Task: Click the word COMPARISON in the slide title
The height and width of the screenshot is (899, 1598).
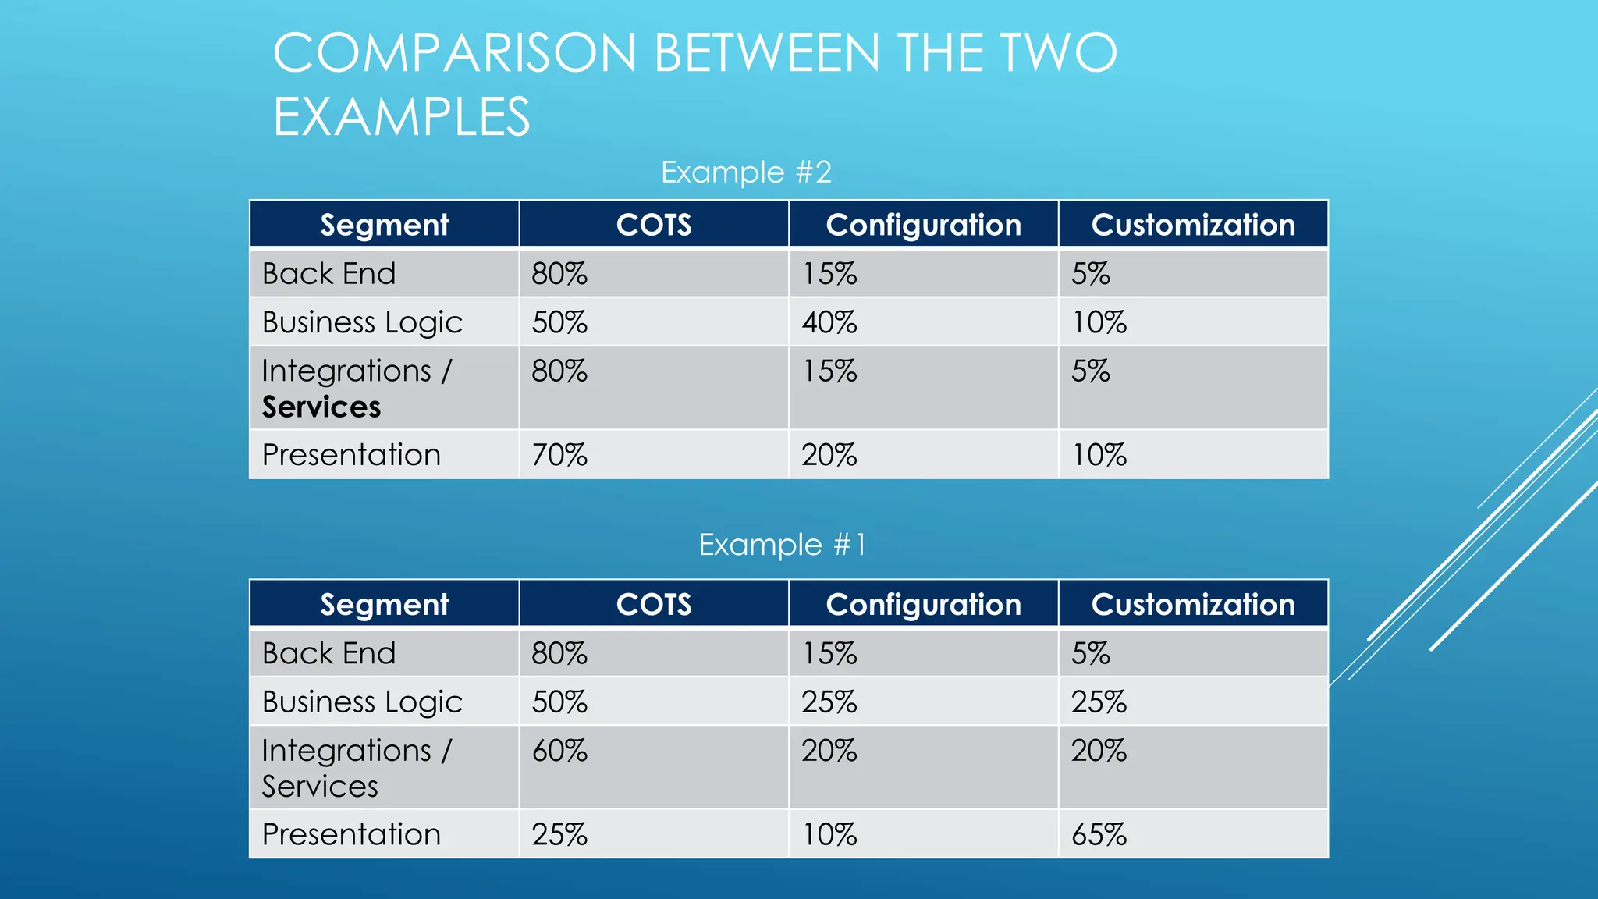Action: pyautogui.click(x=454, y=53)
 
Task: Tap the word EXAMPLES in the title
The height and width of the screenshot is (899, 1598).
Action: pyautogui.click(x=402, y=117)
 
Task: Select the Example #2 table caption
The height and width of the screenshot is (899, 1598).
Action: pyautogui.click(x=746, y=172)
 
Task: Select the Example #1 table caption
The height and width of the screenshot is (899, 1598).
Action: pyautogui.click(x=782, y=545)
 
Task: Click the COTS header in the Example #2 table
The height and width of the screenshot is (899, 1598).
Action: pyautogui.click(x=653, y=225)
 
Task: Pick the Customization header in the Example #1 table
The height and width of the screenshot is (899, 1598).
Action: pyautogui.click(x=1192, y=604)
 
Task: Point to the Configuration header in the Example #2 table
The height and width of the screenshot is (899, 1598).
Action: pyautogui.click(x=923, y=225)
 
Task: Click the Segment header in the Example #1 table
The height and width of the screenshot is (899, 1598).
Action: pyautogui.click(x=384, y=604)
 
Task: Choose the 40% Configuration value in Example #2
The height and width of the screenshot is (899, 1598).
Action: pyautogui.click(x=829, y=322)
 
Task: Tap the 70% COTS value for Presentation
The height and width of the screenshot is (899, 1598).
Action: pyautogui.click(x=559, y=455)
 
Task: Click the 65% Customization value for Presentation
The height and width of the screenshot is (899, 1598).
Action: pyautogui.click(x=1099, y=834)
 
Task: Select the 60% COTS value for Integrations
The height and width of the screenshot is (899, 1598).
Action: pyautogui.click(x=559, y=751)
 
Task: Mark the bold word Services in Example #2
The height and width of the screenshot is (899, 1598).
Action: pyautogui.click(x=321, y=407)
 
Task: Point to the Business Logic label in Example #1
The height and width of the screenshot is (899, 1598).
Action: pyautogui.click(x=362, y=702)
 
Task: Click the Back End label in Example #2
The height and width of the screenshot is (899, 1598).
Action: pyautogui.click(x=328, y=274)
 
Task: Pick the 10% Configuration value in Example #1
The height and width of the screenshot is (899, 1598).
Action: pyautogui.click(x=829, y=834)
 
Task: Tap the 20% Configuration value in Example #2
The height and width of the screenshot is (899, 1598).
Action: pyautogui.click(x=829, y=455)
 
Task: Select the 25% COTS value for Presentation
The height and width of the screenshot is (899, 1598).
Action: pyautogui.click(x=559, y=834)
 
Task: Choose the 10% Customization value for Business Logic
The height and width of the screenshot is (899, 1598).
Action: pyautogui.click(x=1099, y=322)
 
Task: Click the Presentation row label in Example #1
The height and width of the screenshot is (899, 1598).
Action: pyautogui.click(x=351, y=834)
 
